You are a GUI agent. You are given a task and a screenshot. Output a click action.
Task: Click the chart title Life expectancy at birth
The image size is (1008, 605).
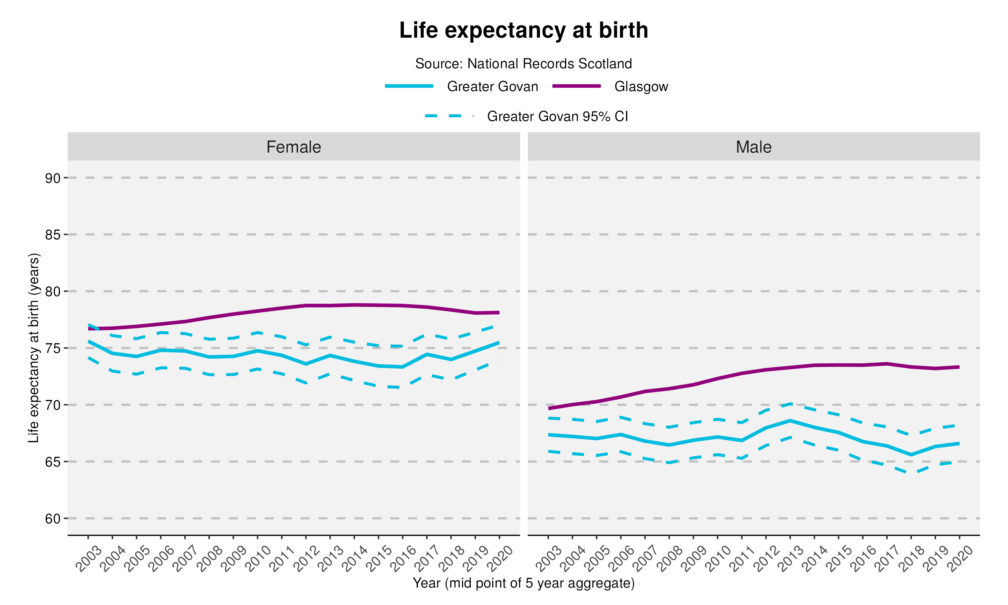pos(523,31)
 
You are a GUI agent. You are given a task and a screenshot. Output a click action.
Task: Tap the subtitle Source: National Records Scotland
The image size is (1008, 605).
pos(523,64)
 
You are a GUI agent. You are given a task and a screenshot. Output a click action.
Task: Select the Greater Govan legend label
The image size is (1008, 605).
pos(492,86)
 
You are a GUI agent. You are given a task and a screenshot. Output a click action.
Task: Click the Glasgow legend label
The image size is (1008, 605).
pos(641,86)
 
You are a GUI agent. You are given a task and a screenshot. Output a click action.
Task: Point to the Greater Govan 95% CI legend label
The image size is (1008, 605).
pos(557,117)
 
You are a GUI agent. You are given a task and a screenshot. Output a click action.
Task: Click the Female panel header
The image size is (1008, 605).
pos(293,147)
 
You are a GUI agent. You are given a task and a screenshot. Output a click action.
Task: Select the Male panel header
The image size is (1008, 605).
pos(753,147)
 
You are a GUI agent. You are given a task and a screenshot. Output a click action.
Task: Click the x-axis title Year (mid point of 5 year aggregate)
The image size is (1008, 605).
pos(523,583)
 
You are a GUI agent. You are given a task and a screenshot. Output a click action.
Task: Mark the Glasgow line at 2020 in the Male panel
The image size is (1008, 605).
pos(959,367)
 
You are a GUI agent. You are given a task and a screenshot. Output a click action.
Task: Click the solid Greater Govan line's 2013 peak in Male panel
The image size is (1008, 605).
pos(790,420)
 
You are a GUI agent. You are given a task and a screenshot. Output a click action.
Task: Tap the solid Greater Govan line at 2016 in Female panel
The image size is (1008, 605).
pos(403,367)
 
